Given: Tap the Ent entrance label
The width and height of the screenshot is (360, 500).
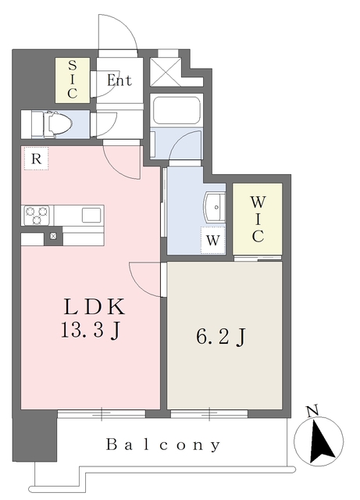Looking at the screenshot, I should [x=119, y=80].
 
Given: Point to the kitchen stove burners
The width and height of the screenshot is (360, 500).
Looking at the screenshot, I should [x=36, y=213].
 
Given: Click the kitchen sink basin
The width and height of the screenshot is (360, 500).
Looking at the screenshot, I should [x=91, y=213].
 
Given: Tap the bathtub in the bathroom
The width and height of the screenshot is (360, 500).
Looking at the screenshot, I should [x=176, y=112].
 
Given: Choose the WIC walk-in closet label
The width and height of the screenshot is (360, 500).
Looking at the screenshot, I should [x=258, y=218].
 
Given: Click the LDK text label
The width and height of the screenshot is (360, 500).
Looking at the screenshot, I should [x=93, y=306].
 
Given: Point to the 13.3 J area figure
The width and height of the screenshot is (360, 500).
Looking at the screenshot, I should [x=91, y=331].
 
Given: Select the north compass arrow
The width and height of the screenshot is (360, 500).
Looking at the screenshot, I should [x=322, y=441].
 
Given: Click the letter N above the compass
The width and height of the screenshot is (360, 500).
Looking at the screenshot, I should [x=312, y=411].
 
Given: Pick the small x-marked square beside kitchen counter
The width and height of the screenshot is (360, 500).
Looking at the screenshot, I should [x=53, y=235].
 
